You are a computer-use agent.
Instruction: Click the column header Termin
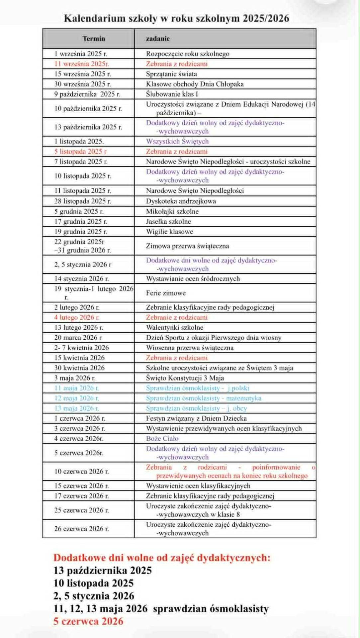tap(94, 39)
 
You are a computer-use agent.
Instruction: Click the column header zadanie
tap(158, 39)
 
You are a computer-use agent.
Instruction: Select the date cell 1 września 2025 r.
tap(81, 54)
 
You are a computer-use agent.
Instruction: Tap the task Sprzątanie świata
tap(171, 74)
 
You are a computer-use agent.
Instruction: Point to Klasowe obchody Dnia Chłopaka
tap(195, 84)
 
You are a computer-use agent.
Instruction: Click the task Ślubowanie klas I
tap(172, 94)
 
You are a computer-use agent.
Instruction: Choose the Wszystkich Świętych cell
tap(177, 141)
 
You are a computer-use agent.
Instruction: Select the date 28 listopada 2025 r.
tap(83, 201)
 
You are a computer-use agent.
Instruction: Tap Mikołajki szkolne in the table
tap(172, 211)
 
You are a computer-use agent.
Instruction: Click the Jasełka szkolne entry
tap(168, 221)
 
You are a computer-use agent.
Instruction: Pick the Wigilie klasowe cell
tap(169, 232)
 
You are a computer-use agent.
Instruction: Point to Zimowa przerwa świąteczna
tap(187, 246)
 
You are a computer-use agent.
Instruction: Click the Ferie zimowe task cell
tap(166, 293)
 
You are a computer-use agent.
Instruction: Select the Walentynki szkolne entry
tap(175, 327)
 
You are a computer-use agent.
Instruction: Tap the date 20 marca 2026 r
tap(78, 338)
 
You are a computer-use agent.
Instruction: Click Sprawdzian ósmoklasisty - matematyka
tap(204, 398)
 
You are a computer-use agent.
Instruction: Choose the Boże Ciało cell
tap(162, 438)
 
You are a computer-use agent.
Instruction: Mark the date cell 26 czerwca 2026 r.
tap(81, 529)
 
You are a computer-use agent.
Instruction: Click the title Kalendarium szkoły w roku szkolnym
tap(176, 18)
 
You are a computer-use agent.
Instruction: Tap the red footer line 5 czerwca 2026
tap(88, 621)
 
